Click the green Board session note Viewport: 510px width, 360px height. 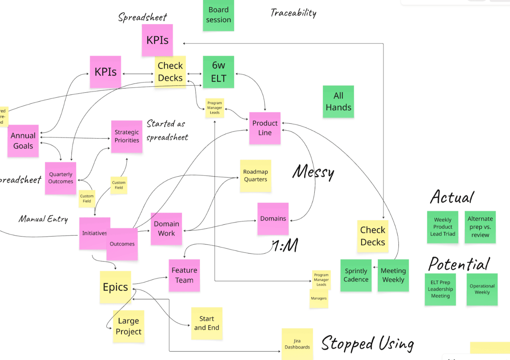(218, 15)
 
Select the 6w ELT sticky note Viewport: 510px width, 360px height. (218, 72)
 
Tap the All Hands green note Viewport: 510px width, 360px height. (338, 101)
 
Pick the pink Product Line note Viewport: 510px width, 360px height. (265, 128)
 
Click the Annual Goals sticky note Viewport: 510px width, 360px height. (23, 141)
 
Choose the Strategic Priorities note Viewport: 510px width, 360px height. (127, 136)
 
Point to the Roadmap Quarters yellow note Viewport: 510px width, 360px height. (255, 176)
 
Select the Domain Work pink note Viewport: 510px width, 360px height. (166, 229)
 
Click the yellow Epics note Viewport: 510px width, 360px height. (115, 287)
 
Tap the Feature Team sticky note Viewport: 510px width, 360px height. (184, 275)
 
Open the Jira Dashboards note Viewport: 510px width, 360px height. (297, 344)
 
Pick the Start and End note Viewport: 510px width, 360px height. (207, 323)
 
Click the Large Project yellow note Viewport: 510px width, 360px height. (129, 326)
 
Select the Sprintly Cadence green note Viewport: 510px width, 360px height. (356, 275)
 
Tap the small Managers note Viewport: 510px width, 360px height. (319, 298)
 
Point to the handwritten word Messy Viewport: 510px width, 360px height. (314, 172)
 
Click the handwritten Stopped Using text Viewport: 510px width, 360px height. (368, 343)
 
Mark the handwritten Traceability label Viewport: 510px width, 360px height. (293, 13)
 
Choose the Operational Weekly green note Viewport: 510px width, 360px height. (482, 289)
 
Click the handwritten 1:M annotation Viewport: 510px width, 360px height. (285, 245)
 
